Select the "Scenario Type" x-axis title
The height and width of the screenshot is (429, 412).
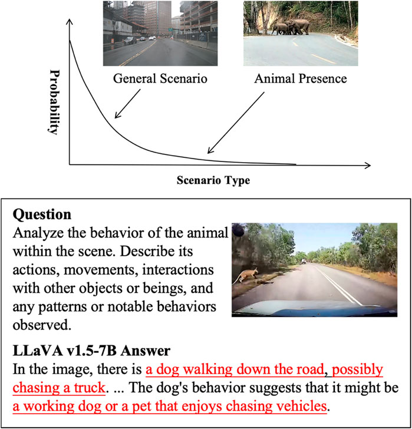(213, 180)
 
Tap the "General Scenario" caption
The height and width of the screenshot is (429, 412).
(153, 77)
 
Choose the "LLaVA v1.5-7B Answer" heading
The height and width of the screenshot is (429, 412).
(91, 351)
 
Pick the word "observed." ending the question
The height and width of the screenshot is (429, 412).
(39, 325)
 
